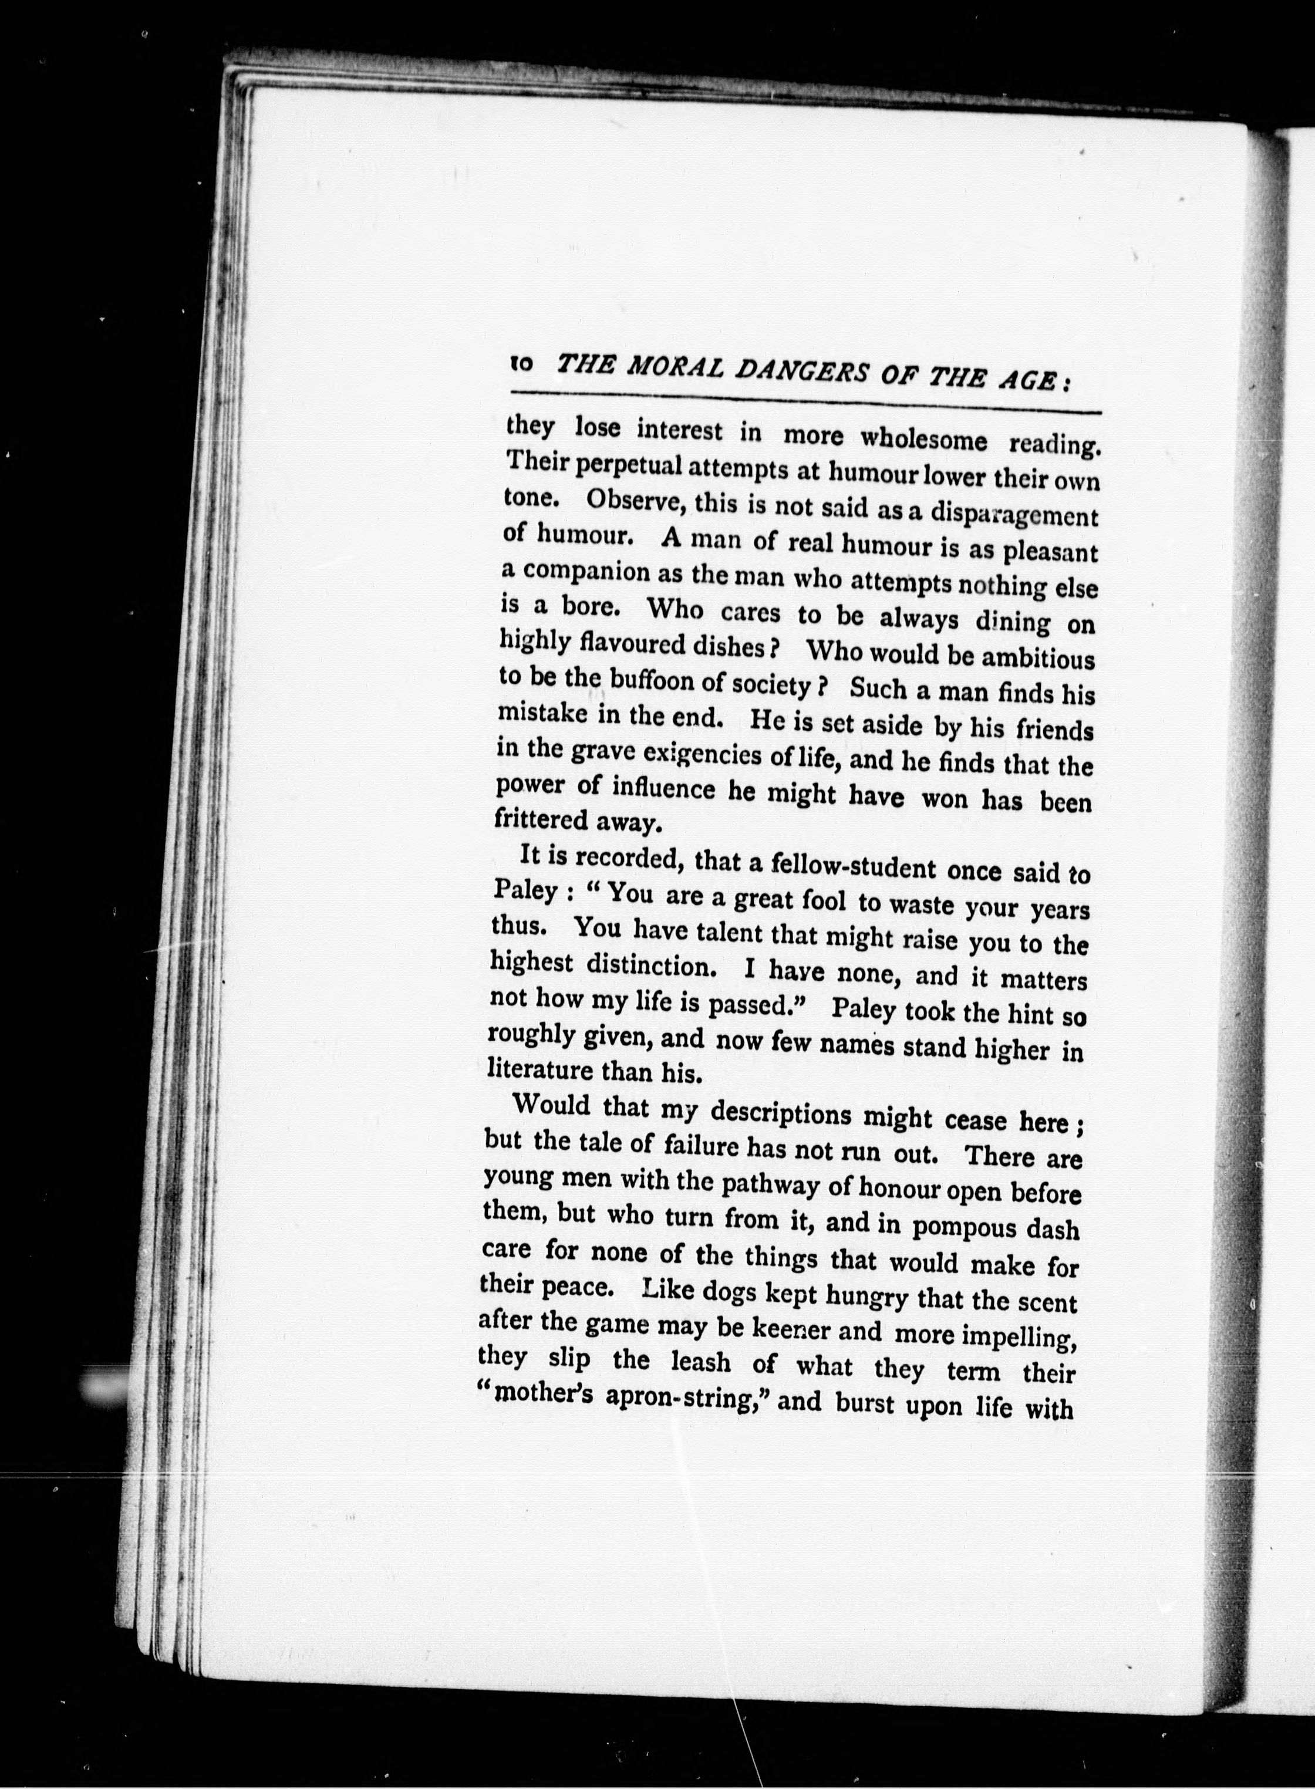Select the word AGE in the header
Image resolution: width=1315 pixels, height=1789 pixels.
1028,380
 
